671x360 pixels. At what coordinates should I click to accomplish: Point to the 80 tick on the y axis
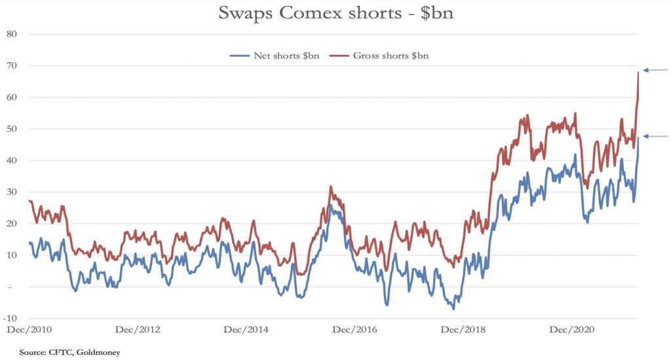point(10,33)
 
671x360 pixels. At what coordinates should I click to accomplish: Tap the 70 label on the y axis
point(10,66)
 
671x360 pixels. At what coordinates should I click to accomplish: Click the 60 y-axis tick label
point(10,97)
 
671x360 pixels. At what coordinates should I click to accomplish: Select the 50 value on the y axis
point(10,129)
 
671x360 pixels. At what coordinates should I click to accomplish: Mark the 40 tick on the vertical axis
point(10,161)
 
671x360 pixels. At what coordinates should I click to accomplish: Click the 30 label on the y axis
point(10,192)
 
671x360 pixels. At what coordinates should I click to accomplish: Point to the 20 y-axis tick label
point(10,224)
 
